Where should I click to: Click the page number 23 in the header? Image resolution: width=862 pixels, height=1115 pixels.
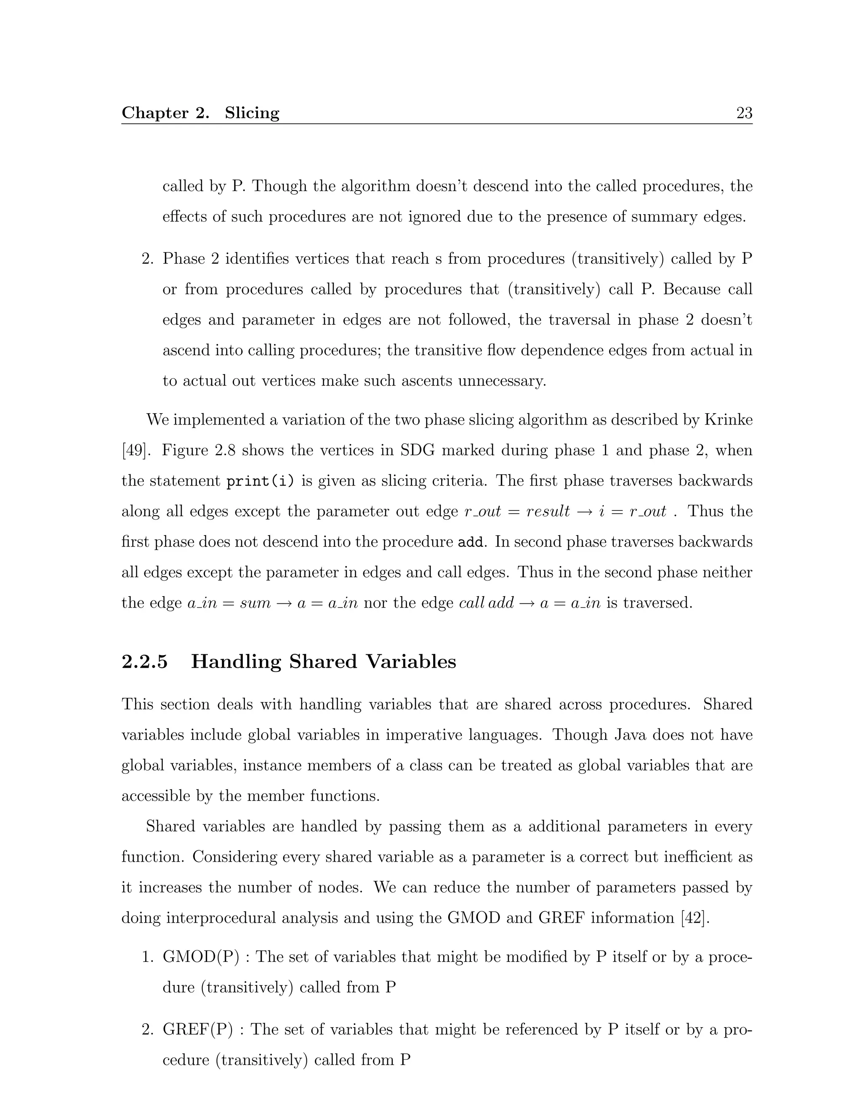[x=744, y=113]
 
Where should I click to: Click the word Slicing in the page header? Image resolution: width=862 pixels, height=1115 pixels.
[x=252, y=113]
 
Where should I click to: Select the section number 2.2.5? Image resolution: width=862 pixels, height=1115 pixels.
[x=144, y=662]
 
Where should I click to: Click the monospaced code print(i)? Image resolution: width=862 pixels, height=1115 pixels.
[x=260, y=481]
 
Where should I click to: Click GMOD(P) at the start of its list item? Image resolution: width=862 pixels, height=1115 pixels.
[x=201, y=957]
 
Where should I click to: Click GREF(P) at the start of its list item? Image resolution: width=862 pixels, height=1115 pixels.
[x=198, y=1029]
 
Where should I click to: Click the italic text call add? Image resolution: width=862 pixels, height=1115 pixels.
[x=486, y=603]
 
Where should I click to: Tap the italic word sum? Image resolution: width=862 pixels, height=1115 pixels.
[x=255, y=603]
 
